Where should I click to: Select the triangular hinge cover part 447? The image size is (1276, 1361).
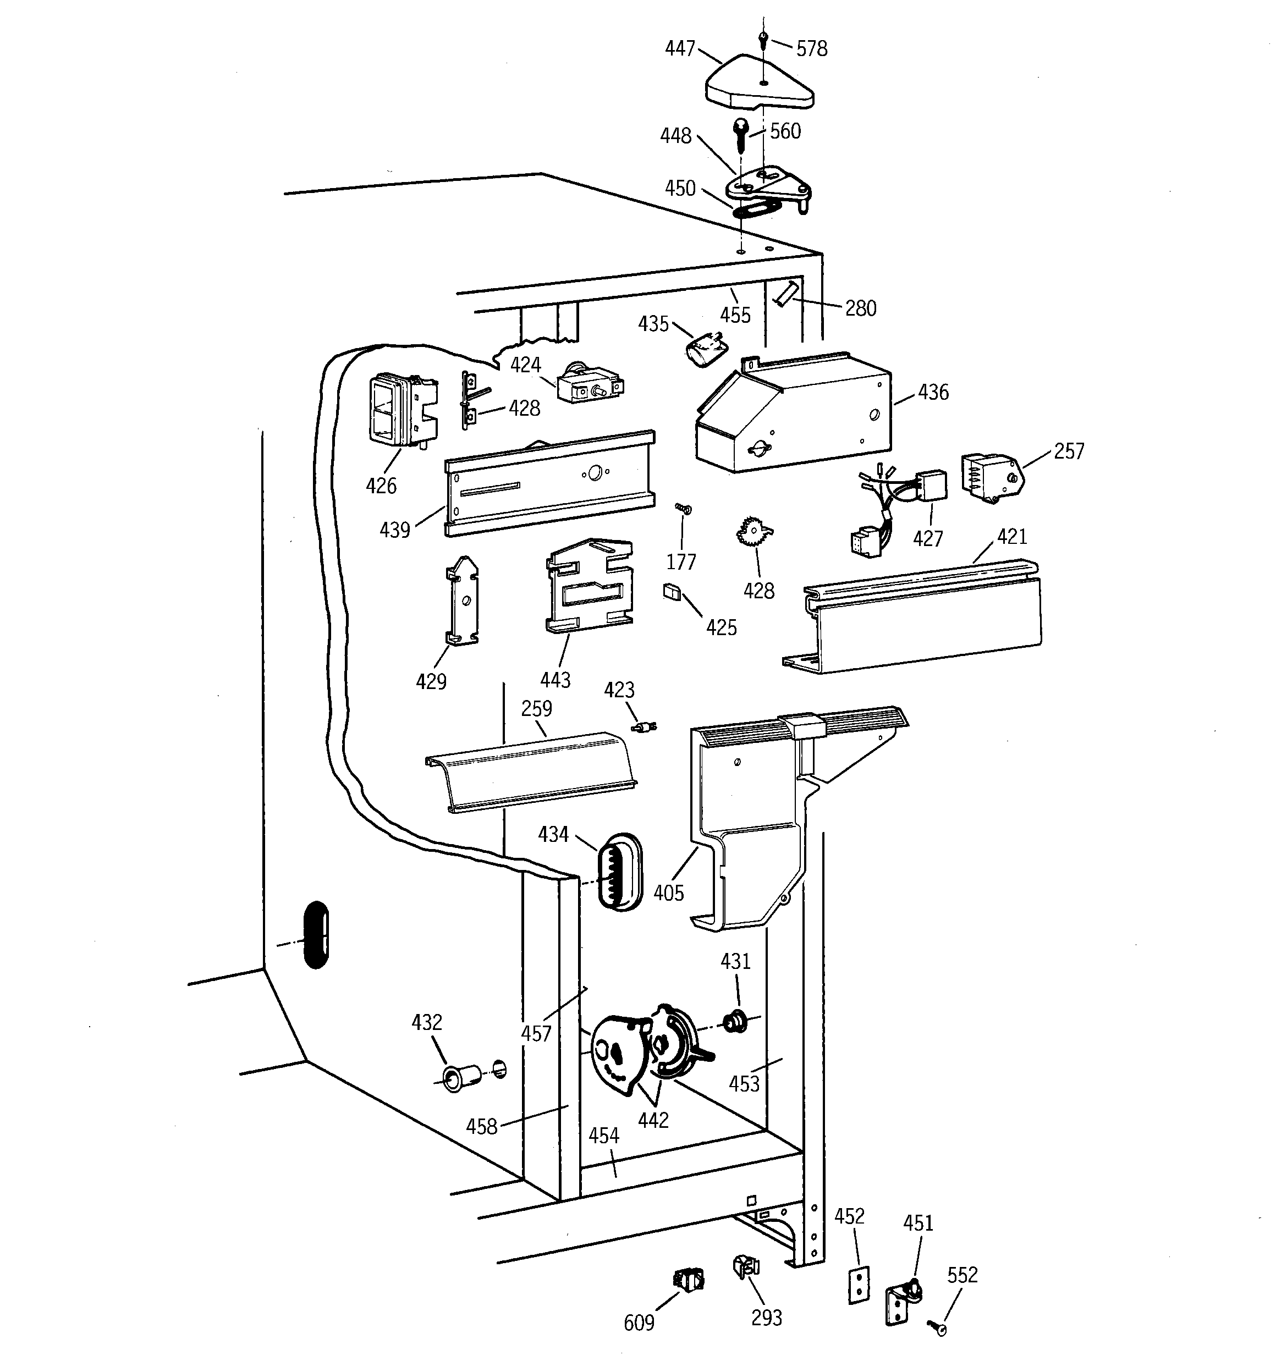[x=757, y=87]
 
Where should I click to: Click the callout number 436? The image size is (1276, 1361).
[x=933, y=392]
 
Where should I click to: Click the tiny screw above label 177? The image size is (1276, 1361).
[x=683, y=508]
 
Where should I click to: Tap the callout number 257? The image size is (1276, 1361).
[x=1069, y=451]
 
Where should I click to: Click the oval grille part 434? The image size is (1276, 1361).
[x=620, y=872]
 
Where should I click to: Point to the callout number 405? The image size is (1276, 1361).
[x=668, y=892]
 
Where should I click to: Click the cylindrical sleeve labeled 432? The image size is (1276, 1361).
[x=455, y=1078]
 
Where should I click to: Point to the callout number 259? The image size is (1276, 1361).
[x=536, y=709]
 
